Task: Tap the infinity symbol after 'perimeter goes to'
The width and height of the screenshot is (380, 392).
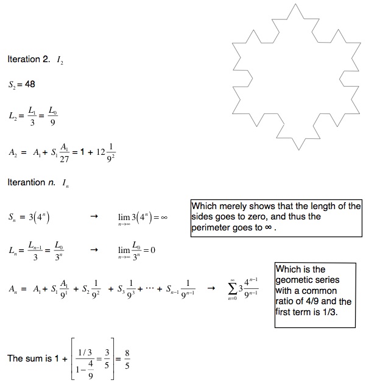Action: point(270,228)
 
